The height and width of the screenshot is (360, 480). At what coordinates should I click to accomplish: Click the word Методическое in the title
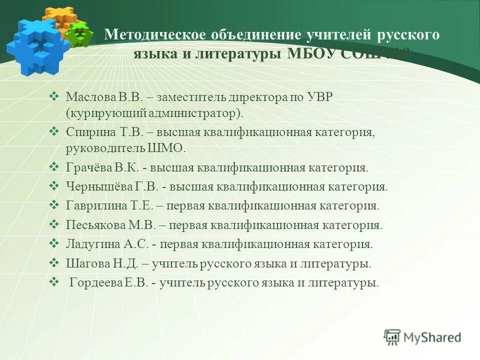(x=155, y=35)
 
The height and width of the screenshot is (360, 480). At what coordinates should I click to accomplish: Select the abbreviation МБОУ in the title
(x=312, y=53)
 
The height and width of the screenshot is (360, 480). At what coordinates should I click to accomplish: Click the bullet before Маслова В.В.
(x=55, y=95)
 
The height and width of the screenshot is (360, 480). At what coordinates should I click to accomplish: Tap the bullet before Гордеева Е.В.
(x=55, y=281)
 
